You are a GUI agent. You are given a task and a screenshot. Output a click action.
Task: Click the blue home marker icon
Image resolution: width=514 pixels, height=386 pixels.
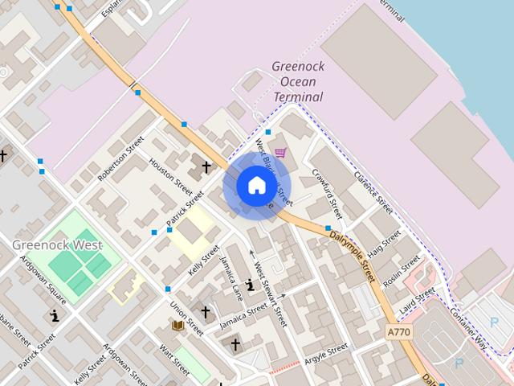click(256, 185)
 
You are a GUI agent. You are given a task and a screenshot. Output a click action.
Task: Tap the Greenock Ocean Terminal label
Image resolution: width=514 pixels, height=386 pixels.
click(297, 81)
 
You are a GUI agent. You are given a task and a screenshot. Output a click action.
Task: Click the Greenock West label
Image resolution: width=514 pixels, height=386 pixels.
click(57, 244)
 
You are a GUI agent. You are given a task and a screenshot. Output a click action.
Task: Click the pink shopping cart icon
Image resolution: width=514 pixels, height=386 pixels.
click(280, 152)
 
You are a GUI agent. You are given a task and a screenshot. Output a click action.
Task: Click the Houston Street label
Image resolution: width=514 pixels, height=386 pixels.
click(171, 176)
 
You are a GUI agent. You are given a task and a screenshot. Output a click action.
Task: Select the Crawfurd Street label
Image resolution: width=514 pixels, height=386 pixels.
click(328, 193)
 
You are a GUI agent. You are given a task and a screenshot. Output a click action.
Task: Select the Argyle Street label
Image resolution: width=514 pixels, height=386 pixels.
click(326, 351)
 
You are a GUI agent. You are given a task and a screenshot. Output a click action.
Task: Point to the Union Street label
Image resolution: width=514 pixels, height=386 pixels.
click(186, 320)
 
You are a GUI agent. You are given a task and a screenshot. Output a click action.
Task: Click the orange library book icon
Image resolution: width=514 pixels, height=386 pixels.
click(177, 325)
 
